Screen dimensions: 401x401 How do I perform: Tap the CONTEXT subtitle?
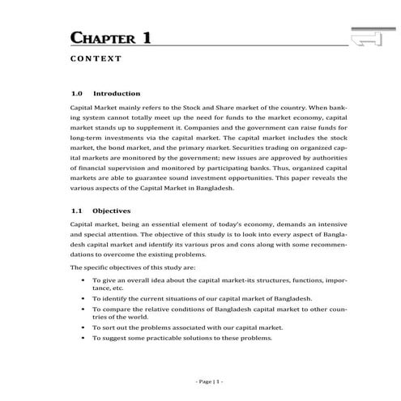click(96, 58)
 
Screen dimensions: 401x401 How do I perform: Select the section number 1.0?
click(78, 93)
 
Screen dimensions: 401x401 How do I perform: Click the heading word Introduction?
click(117, 93)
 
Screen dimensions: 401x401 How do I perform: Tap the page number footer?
click(210, 380)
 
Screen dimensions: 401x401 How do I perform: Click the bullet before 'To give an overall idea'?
click(84, 280)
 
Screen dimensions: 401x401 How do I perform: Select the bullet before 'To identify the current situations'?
click(84, 298)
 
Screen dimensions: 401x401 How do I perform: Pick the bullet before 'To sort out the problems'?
click(84, 327)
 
